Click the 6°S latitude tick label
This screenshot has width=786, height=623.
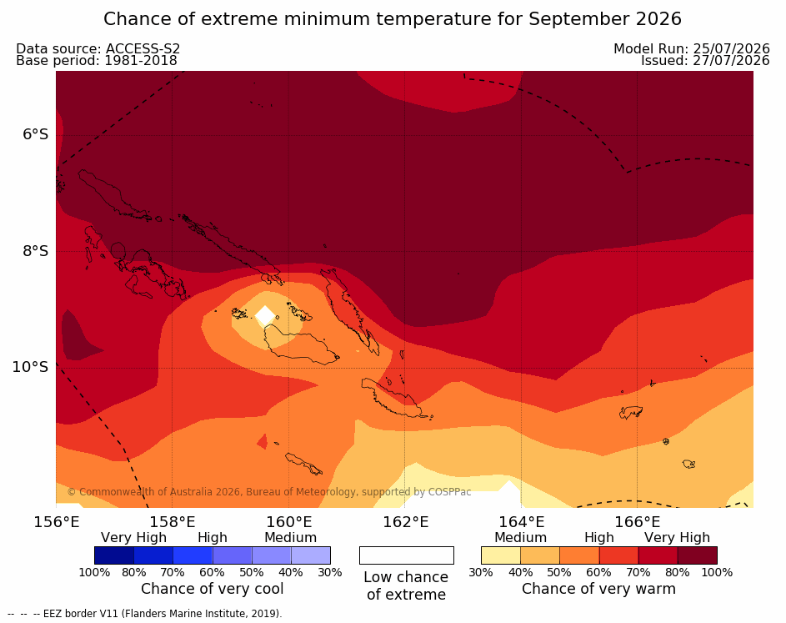tap(36, 135)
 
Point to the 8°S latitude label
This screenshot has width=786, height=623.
tap(36, 251)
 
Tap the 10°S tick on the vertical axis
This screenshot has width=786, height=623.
tap(31, 367)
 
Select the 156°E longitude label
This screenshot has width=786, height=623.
tap(56, 522)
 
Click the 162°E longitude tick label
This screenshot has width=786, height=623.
tap(405, 522)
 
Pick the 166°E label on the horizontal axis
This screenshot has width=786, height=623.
tap(637, 522)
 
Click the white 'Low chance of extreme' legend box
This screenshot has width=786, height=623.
tap(407, 555)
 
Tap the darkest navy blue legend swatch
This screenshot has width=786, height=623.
tap(114, 555)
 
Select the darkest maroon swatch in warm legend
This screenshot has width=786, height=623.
tap(698, 555)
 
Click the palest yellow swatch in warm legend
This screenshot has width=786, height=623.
tap(501, 555)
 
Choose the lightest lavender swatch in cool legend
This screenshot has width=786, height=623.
tap(311, 555)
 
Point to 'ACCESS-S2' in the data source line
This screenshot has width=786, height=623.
tap(143, 48)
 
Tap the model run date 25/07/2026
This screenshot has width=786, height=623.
tap(731, 48)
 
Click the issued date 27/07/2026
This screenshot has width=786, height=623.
tap(731, 61)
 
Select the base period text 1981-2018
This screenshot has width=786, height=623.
tap(141, 61)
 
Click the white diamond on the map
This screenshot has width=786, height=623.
tap(265, 316)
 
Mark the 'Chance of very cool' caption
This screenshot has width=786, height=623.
tap(212, 589)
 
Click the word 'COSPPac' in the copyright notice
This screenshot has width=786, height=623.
tap(449, 492)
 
